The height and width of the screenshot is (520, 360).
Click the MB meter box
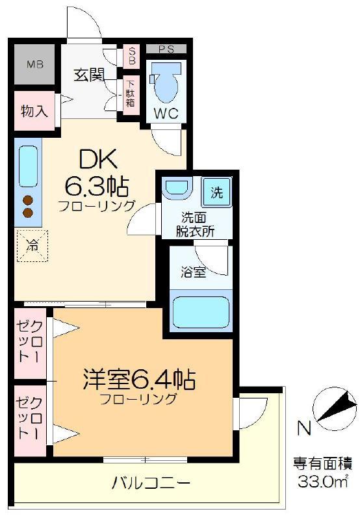point(34,64)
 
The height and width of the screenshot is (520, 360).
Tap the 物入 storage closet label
point(34,110)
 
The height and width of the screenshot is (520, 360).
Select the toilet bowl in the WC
point(166,83)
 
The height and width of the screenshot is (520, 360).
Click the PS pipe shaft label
point(166,49)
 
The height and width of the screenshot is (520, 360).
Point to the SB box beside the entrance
point(132,56)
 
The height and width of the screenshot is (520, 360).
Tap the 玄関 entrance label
point(89,75)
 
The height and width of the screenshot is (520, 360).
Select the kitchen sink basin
point(28,166)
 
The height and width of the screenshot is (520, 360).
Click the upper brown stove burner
point(28,201)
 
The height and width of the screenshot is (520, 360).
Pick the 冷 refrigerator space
point(32,246)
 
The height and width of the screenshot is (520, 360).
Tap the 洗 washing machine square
point(217,192)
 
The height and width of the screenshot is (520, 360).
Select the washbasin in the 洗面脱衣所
point(178,187)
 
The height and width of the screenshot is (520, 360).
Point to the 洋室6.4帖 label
point(139,379)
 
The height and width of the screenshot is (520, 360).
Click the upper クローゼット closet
point(30,343)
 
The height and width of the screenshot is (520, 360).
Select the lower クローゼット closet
point(30,421)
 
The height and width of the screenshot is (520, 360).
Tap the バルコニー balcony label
point(151,483)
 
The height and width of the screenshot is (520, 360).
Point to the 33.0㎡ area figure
point(323,482)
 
